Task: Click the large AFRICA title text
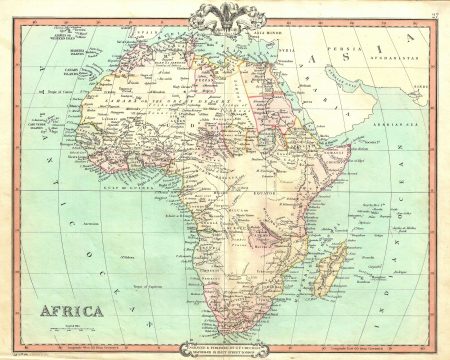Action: coord(72,311)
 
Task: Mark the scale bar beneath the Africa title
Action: coord(72,325)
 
